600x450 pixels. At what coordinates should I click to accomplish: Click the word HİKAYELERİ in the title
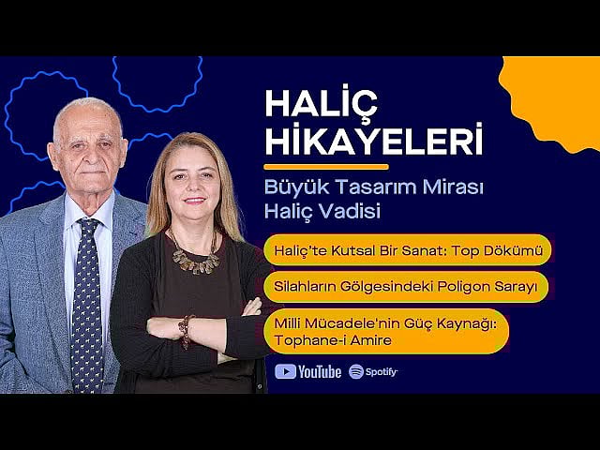click(373, 141)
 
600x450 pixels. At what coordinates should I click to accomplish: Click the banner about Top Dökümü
click(407, 251)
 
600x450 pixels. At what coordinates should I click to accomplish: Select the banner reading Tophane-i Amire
click(386, 331)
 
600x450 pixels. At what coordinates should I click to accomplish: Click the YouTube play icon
click(285, 371)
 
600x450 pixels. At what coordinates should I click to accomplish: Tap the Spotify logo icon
click(356, 371)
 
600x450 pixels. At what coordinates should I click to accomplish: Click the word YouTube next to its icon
click(321, 372)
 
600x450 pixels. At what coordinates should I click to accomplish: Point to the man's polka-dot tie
click(86, 300)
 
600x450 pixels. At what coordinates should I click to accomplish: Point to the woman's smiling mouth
click(194, 201)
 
